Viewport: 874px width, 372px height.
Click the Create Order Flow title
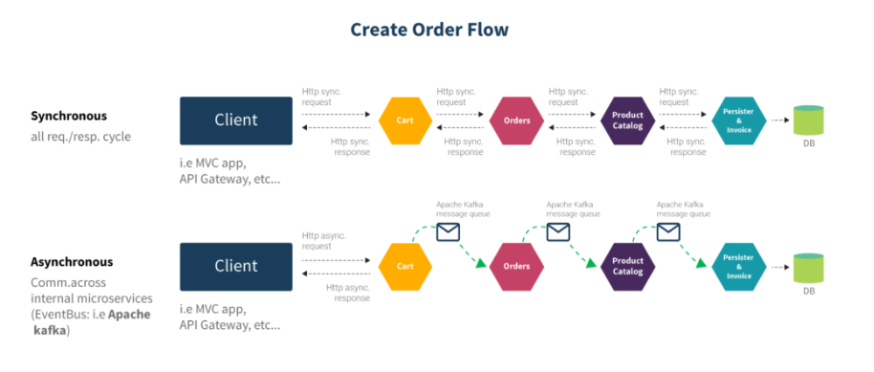point(429,30)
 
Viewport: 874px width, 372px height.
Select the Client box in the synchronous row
point(236,120)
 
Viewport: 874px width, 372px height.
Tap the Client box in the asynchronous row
point(236,266)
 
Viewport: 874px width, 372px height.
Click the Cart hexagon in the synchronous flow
point(405,120)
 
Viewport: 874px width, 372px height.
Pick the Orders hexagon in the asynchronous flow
point(516,266)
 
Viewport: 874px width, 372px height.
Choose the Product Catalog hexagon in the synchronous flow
point(627,120)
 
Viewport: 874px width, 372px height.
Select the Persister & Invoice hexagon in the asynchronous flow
point(738,266)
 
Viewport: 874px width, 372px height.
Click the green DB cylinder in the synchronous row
point(808,120)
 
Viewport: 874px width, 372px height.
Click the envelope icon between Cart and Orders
point(448,231)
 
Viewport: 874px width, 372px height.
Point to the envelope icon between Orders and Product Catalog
point(557,231)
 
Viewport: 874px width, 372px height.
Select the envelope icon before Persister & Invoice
point(668,231)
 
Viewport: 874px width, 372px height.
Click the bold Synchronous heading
point(69,117)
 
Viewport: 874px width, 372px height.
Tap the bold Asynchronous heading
point(72,262)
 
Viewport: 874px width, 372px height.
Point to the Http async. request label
point(324,241)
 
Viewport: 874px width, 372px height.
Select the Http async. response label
point(348,293)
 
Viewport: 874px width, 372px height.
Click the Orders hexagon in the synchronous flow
point(516,120)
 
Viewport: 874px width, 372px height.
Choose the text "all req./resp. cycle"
point(81,137)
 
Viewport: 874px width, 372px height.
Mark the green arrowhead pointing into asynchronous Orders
point(481,263)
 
